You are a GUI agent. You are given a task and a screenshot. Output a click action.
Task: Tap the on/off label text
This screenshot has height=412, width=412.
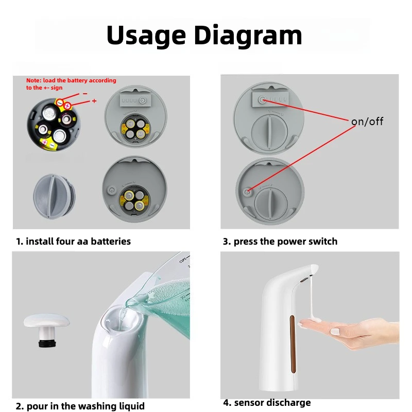[x=367, y=122]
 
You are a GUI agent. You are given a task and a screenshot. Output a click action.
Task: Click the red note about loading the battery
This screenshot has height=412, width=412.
[x=71, y=84]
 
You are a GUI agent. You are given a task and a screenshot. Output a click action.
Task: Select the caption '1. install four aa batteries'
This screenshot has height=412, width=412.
[x=73, y=241]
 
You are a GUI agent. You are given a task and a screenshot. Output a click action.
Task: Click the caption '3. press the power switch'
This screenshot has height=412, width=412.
[x=280, y=241]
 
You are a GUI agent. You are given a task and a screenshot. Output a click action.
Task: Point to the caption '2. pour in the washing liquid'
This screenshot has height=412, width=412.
[x=80, y=406]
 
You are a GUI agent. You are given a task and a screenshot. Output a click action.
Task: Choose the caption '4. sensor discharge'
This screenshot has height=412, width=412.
[x=267, y=403]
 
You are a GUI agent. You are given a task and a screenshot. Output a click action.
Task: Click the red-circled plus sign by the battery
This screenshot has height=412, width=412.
[x=67, y=105]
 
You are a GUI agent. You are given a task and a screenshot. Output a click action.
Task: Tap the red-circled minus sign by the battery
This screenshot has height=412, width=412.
[x=60, y=102]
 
